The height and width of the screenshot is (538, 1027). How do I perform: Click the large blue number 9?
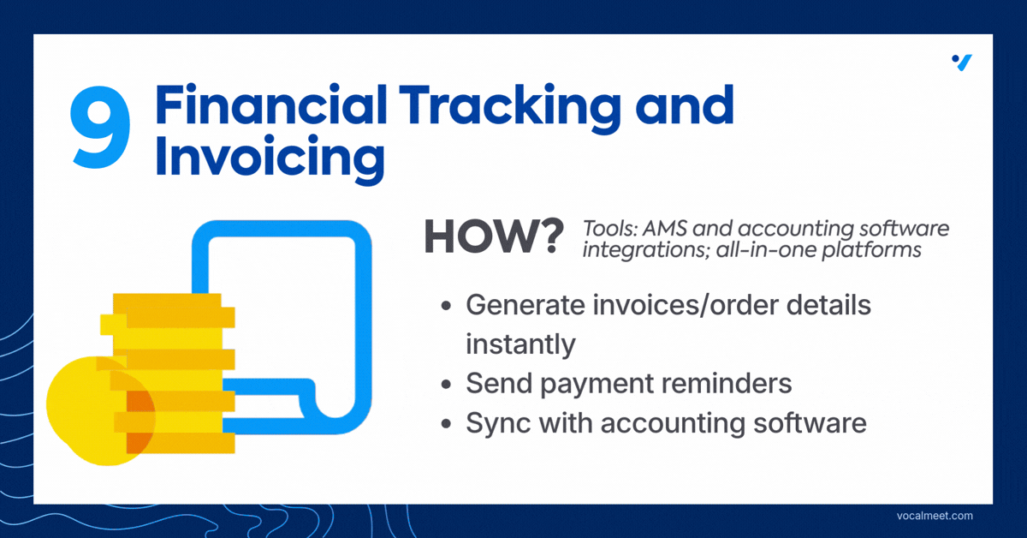[x=100, y=127]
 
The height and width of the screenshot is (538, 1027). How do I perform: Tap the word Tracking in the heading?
[x=510, y=110]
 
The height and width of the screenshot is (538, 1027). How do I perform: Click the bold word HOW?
[x=494, y=236]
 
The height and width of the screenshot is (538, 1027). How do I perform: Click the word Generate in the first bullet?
[x=525, y=305]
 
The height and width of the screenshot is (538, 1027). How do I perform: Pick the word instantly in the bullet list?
[x=520, y=344]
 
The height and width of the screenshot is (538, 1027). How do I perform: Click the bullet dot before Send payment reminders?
[x=446, y=384]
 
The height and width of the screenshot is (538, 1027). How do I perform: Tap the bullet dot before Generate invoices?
[x=446, y=306]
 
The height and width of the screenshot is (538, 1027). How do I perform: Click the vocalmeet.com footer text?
[x=935, y=516]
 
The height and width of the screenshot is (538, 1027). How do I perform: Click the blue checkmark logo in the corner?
[x=962, y=63]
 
